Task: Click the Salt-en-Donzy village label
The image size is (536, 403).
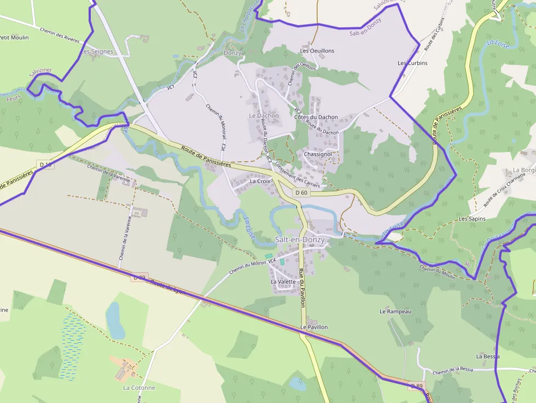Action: click(x=300, y=240)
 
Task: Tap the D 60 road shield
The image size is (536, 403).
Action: click(x=301, y=192)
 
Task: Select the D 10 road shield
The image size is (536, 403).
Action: click(x=46, y=164)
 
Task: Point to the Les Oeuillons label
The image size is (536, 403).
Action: click(x=317, y=51)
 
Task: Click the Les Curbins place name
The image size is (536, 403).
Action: click(x=413, y=63)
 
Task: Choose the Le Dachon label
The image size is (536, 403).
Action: click(x=264, y=115)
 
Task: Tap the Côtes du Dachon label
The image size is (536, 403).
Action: click(x=316, y=117)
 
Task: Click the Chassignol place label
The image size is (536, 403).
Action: click(x=318, y=154)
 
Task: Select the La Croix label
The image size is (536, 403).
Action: click(x=260, y=180)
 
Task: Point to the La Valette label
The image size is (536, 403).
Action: click(x=283, y=282)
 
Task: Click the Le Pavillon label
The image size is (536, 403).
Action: click(x=314, y=327)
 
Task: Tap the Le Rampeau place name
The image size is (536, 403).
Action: click(x=395, y=311)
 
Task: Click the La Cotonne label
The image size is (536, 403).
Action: click(x=139, y=388)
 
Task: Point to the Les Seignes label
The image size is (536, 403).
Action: click(x=97, y=52)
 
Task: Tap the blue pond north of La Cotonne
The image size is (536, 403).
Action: click(x=115, y=320)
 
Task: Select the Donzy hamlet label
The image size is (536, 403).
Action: click(x=232, y=52)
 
